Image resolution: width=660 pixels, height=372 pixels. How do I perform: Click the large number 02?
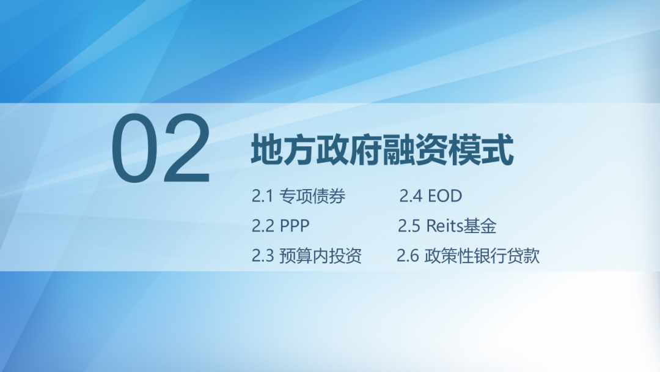tap(161, 149)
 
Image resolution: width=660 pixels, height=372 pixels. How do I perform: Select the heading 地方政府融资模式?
tap(383, 151)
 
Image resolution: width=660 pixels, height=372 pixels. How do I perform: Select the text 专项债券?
tap(312, 196)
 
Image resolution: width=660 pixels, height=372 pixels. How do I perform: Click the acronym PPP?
tap(295, 226)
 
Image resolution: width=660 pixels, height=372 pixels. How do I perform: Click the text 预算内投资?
tap(321, 255)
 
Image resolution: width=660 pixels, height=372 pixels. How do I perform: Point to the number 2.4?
tap(411, 196)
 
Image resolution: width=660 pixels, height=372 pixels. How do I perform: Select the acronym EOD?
tap(445, 196)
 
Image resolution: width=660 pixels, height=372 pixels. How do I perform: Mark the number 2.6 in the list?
tap(408, 255)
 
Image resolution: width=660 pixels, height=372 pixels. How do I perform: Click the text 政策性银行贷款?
tap(482, 255)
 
